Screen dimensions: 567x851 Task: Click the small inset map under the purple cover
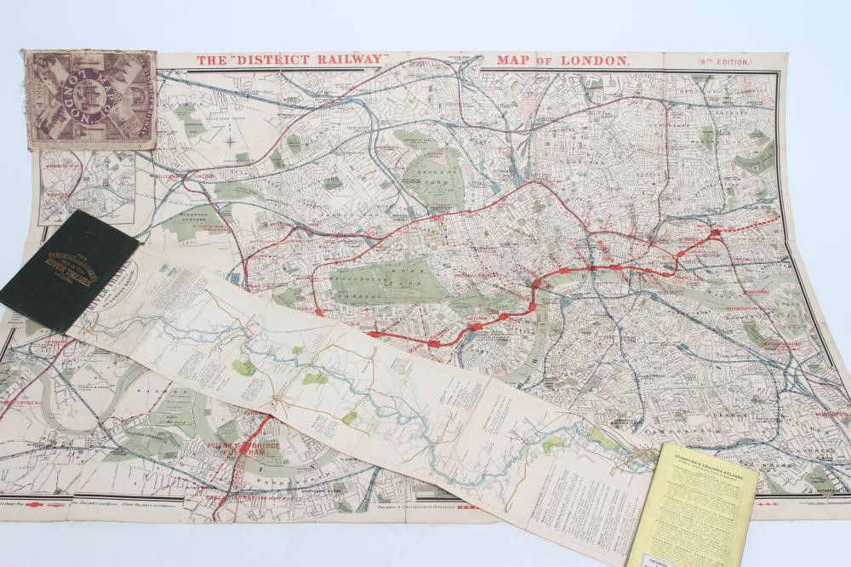click(x=85, y=186)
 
